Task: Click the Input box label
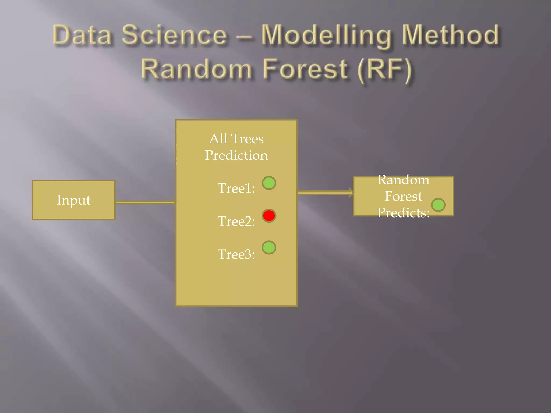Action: coord(74,200)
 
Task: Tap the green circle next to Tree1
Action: coord(269,183)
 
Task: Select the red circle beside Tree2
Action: coord(269,216)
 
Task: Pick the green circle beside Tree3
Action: coord(269,247)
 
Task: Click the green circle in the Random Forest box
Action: coord(438,205)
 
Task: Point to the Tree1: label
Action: coord(236,188)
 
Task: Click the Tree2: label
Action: coord(236,221)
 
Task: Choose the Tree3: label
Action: coord(236,254)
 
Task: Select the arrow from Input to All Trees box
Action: coord(145,202)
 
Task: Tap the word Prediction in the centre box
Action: coord(236,155)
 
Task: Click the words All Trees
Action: coord(236,139)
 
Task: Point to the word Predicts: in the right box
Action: coord(403,213)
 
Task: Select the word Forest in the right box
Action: coord(403,196)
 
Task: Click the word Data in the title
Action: coord(82,35)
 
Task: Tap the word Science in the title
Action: coord(175,35)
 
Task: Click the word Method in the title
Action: coord(450,35)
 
